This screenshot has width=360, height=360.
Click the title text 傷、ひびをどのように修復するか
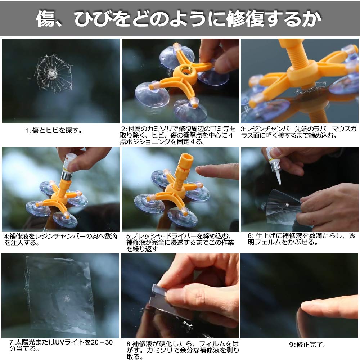[179, 18]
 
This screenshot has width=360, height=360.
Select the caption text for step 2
[179, 135]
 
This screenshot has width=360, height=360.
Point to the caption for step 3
[300, 132]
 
